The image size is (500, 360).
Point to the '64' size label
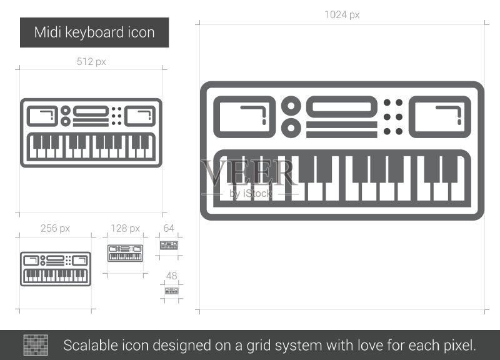(x=169, y=228)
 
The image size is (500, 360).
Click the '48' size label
(x=171, y=276)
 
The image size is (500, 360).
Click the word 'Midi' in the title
(x=47, y=32)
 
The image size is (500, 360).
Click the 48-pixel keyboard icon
(x=171, y=291)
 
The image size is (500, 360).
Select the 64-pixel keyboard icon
(x=169, y=245)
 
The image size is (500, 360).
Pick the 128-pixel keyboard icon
(x=126, y=253)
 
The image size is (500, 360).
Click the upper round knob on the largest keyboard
(x=291, y=106)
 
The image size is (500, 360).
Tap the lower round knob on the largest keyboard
(x=291, y=128)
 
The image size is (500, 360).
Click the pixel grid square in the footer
(x=36, y=345)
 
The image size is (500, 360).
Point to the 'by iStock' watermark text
(x=251, y=194)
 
